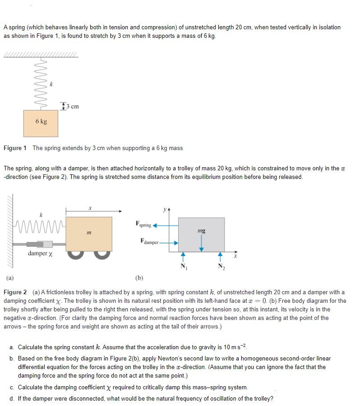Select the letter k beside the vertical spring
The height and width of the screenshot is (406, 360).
click(x=51, y=84)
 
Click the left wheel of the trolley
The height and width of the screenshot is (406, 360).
click(x=77, y=255)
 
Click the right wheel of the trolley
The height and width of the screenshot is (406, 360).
click(x=103, y=255)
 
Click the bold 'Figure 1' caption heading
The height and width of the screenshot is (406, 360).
click(x=15, y=148)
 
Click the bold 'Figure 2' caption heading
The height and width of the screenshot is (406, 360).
click(x=15, y=292)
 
